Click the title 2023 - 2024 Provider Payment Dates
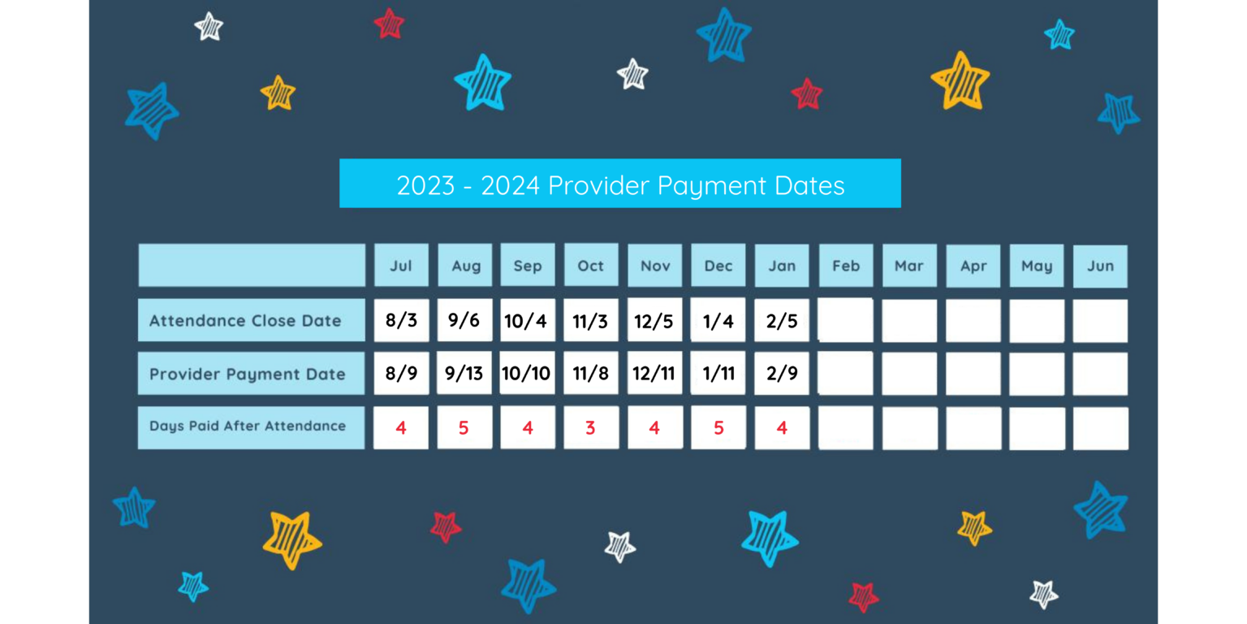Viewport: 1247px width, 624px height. [619, 184]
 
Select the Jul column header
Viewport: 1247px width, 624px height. [401, 266]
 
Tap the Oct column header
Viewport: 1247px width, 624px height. [591, 266]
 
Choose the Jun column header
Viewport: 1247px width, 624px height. [1100, 266]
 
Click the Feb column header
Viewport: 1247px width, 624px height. [846, 266]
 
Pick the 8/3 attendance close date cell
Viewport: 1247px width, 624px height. [401, 320]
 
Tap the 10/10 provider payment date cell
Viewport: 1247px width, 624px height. [527, 374]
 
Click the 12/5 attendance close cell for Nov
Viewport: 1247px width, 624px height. [654, 320]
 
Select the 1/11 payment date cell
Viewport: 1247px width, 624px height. [718, 374]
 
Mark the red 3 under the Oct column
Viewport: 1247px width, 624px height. [591, 427]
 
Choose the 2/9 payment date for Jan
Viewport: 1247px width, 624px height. [782, 374]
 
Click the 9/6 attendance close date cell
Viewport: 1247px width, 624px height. [464, 320]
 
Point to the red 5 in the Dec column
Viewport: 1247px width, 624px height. [718, 427]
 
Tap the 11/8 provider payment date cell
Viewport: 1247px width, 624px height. [591, 374]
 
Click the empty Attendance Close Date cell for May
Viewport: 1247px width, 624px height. [1037, 321]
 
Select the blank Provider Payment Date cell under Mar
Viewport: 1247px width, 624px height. [909, 374]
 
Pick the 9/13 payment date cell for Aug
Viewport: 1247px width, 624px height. [464, 374]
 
